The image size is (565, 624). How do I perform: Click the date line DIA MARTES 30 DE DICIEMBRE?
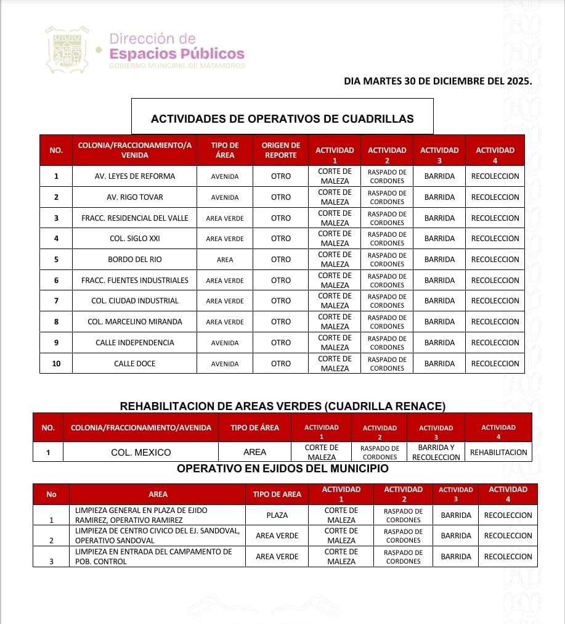pyautogui.click(x=437, y=81)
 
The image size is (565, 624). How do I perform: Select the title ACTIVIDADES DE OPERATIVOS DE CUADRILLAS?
pyautogui.click(x=282, y=118)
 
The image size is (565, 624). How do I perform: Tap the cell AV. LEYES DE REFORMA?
pyautogui.click(x=135, y=176)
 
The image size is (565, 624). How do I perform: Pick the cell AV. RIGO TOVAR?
pyautogui.click(x=135, y=197)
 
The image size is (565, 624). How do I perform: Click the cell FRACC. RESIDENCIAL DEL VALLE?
pyautogui.click(x=135, y=218)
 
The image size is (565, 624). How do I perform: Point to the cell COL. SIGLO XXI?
pyautogui.click(x=135, y=239)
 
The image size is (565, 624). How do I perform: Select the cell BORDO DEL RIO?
pyautogui.click(x=135, y=260)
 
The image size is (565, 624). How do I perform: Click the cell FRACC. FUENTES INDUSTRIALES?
pyautogui.click(x=135, y=281)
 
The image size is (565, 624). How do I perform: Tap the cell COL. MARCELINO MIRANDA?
pyautogui.click(x=135, y=322)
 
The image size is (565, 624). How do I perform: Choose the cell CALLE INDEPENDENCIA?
pyautogui.click(x=135, y=343)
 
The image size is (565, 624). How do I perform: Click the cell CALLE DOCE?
pyautogui.click(x=135, y=364)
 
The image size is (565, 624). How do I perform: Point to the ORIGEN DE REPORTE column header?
pyautogui.click(x=280, y=150)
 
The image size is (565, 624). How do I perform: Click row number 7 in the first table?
pyautogui.click(x=56, y=301)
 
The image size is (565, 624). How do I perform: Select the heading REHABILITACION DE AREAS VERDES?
pyautogui.click(x=282, y=406)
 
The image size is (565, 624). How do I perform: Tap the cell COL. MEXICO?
pyautogui.click(x=141, y=453)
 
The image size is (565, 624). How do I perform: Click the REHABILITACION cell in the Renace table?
pyautogui.click(x=498, y=453)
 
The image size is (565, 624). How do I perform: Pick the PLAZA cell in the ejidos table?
pyautogui.click(x=277, y=515)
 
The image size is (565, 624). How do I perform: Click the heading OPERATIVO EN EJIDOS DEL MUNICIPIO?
pyautogui.click(x=282, y=469)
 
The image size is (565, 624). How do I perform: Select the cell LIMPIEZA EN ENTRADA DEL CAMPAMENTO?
pyautogui.click(x=153, y=557)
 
